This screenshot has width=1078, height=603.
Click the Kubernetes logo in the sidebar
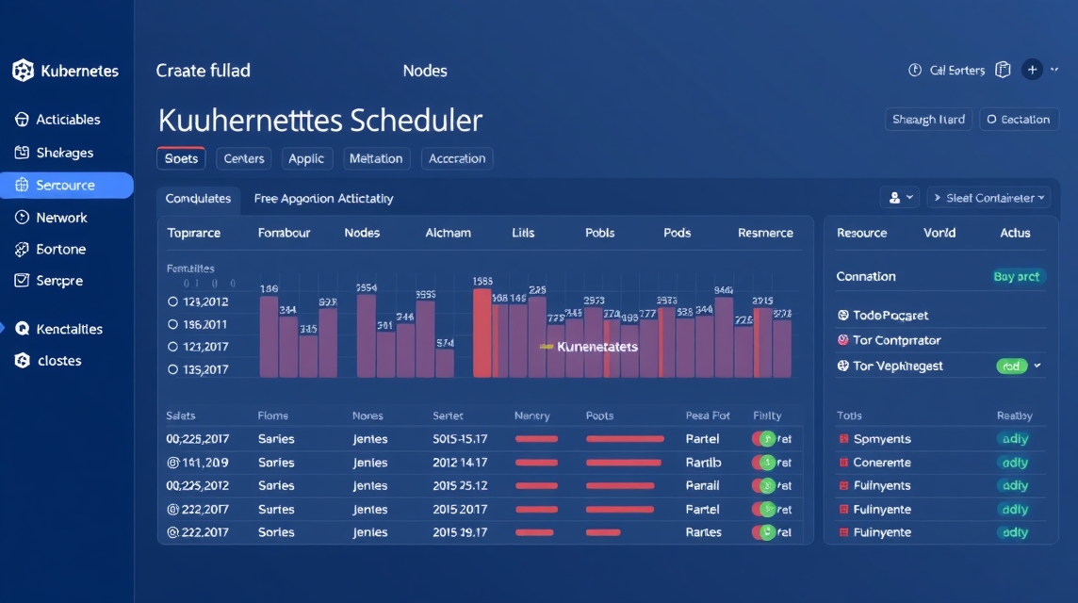click(x=23, y=71)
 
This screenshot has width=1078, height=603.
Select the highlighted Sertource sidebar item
click(x=66, y=186)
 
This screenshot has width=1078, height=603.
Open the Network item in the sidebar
click(x=61, y=218)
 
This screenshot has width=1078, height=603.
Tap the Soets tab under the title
click(x=181, y=158)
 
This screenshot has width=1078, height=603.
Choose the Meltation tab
click(x=376, y=158)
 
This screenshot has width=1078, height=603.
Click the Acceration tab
click(x=457, y=158)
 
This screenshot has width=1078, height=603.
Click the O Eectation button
click(x=1019, y=120)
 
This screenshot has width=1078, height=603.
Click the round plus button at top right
click(x=1032, y=70)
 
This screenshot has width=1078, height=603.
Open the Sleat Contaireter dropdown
click(x=988, y=198)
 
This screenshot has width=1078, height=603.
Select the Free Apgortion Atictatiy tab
click(x=323, y=199)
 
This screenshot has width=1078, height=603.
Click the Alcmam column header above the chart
click(x=448, y=233)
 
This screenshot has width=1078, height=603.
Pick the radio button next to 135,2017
click(x=172, y=370)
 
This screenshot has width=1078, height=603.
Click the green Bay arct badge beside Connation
click(x=1016, y=276)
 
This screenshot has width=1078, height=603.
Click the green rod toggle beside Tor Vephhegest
click(x=1011, y=367)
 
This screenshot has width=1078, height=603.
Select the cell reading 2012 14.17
click(x=460, y=463)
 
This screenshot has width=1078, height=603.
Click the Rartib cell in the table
click(x=703, y=463)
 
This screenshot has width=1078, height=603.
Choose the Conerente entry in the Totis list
click(x=881, y=463)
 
